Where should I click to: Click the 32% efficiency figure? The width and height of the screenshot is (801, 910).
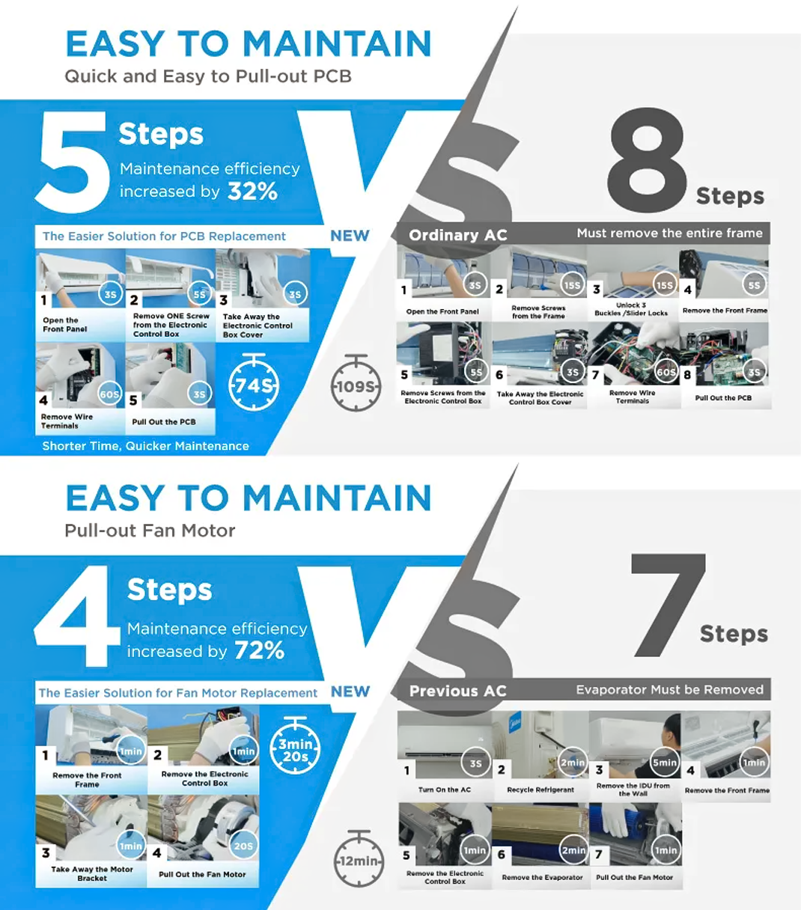[252, 192]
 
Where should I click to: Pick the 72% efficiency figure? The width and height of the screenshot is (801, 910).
[259, 650]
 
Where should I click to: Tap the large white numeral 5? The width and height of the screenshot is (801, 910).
[73, 161]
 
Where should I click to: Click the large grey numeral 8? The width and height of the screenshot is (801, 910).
[648, 159]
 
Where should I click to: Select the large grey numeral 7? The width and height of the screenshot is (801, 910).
[668, 604]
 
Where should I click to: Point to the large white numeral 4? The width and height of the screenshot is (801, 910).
[77, 616]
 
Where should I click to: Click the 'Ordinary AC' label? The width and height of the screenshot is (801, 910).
[458, 235]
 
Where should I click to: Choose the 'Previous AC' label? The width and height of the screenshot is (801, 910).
[458, 691]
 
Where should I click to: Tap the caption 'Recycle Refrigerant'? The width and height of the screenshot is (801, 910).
[540, 790]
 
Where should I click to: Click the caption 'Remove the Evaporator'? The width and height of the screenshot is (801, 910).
[542, 877]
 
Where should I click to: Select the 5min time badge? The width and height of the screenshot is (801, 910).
[665, 763]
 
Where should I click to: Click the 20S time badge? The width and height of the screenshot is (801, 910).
[243, 846]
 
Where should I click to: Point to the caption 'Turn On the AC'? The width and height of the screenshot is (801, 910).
[445, 790]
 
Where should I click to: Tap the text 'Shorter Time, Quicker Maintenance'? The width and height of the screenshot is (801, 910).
[145, 446]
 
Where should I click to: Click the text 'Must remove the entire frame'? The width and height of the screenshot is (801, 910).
[670, 233]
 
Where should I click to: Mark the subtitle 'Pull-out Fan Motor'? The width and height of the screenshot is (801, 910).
[150, 531]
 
